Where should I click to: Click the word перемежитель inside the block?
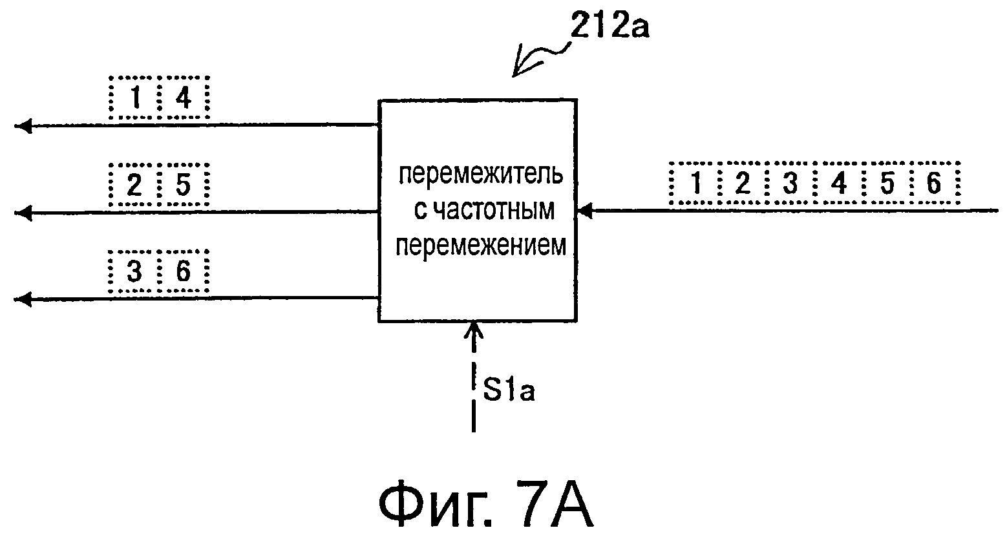point(480,174)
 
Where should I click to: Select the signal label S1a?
point(508,391)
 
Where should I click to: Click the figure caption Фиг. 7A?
point(485,503)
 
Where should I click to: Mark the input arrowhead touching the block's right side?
point(584,210)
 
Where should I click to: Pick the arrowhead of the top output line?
point(23,126)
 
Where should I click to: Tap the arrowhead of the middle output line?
point(23,212)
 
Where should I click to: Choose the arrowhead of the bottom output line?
point(23,299)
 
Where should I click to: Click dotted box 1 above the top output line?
point(134,98)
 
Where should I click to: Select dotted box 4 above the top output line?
point(184,98)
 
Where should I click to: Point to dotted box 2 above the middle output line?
point(134,185)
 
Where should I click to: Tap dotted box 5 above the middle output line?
point(184,185)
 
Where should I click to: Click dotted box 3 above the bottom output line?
point(134,272)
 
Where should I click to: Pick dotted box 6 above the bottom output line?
point(184,272)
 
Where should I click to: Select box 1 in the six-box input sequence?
point(695,184)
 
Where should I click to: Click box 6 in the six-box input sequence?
point(934,184)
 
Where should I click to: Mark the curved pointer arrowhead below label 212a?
point(518,70)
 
